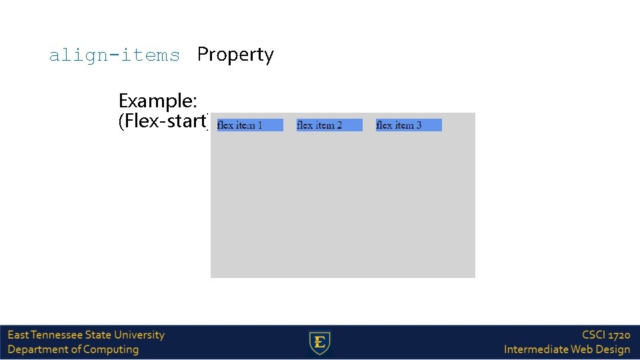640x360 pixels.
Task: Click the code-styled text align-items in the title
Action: tap(114, 55)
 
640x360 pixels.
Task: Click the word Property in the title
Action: tap(235, 55)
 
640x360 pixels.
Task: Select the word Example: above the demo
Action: tap(157, 101)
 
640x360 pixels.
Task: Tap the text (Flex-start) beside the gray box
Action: tap(163, 121)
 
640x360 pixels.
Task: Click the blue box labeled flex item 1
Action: tap(250, 125)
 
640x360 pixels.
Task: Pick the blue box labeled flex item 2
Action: tap(329, 125)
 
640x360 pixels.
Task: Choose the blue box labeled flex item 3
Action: tap(409, 125)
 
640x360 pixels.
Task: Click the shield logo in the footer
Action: tap(320, 343)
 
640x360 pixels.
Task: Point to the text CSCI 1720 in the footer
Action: tap(605, 335)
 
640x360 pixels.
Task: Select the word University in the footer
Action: tap(139, 335)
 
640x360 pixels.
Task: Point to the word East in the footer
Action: tap(17, 335)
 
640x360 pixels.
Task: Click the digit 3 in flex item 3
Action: tap(419, 125)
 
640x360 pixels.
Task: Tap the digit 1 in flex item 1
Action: tap(259, 125)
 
